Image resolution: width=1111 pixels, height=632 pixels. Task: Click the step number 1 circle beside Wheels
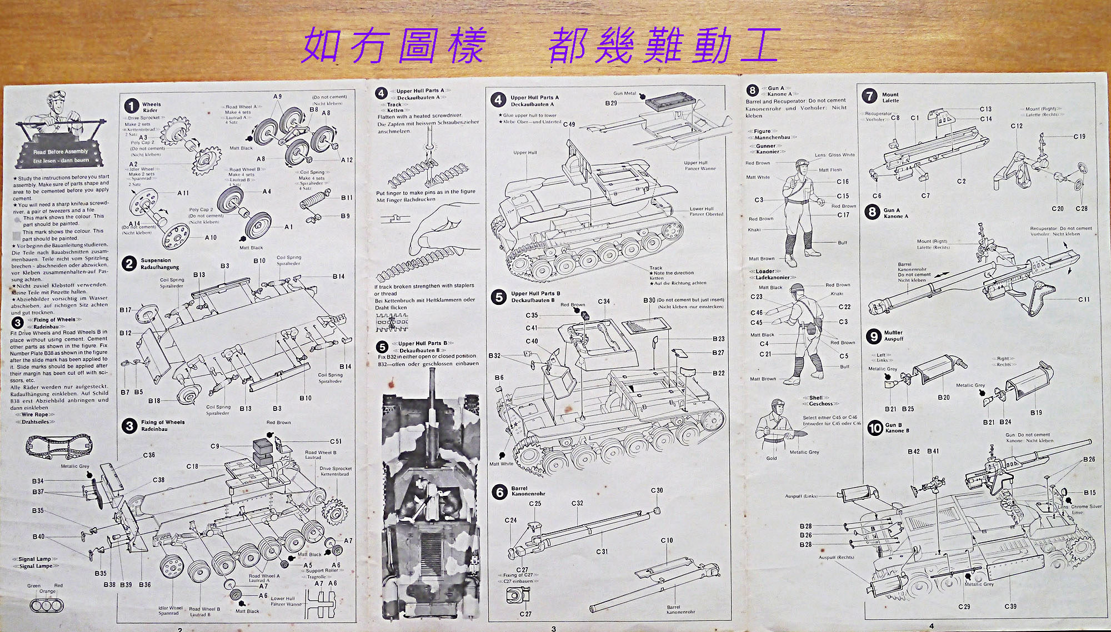[x=131, y=106]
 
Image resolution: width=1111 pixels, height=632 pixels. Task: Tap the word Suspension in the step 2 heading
[x=156, y=260]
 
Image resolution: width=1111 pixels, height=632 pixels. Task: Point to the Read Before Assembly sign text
[x=61, y=152]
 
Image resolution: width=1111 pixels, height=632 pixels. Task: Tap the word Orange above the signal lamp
[x=47, y=591]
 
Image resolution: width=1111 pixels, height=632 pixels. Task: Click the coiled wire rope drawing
[x=59, y=445]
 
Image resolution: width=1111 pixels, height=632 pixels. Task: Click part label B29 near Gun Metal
[x=611, y=103]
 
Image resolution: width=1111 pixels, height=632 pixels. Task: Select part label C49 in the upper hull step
[x=569, y=124]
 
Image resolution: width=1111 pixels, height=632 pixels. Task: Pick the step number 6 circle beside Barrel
[x=499, y=491]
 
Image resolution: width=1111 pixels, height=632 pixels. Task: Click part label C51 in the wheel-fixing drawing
[x=336, y=442]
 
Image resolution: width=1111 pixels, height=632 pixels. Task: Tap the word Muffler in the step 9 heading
[x=893, y=333]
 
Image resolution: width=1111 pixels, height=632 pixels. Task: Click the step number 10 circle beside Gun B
[x=875, y=428]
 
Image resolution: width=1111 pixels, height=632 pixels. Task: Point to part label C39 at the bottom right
[x=1010, y=606]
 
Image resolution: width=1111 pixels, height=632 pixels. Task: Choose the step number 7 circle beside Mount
[x=869, y=96]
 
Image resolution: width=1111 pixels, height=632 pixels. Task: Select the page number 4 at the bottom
[x=932, y=626]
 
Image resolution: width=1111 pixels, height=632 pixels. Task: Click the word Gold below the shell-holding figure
[x=772, y=458]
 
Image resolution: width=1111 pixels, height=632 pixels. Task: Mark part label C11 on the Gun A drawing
[x=1084, y=299]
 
